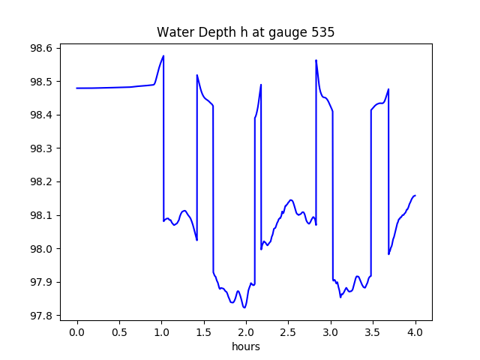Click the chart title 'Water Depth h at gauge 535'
click(x=245, y=32)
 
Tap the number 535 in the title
click(x=323, y=32)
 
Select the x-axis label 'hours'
click(x=246, y=347)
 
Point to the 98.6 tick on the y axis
click(x=40, y=48)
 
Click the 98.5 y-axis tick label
click(x=40, y=82)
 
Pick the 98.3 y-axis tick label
click(x=40, y=148)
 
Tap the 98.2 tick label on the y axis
click(x=40, y=182)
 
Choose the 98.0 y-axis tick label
click(x=40, y=249)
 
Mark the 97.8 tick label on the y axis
click(x=40, y=316)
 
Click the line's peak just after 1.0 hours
click(x=163, y=55)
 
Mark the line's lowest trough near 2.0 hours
click(x=244, y=307)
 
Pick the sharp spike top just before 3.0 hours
click(x=316, y=60)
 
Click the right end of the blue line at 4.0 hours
click(x=415, y=196)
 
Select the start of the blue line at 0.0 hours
click(x=77, y=88)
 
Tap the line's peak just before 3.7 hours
click(x=388, y=89)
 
